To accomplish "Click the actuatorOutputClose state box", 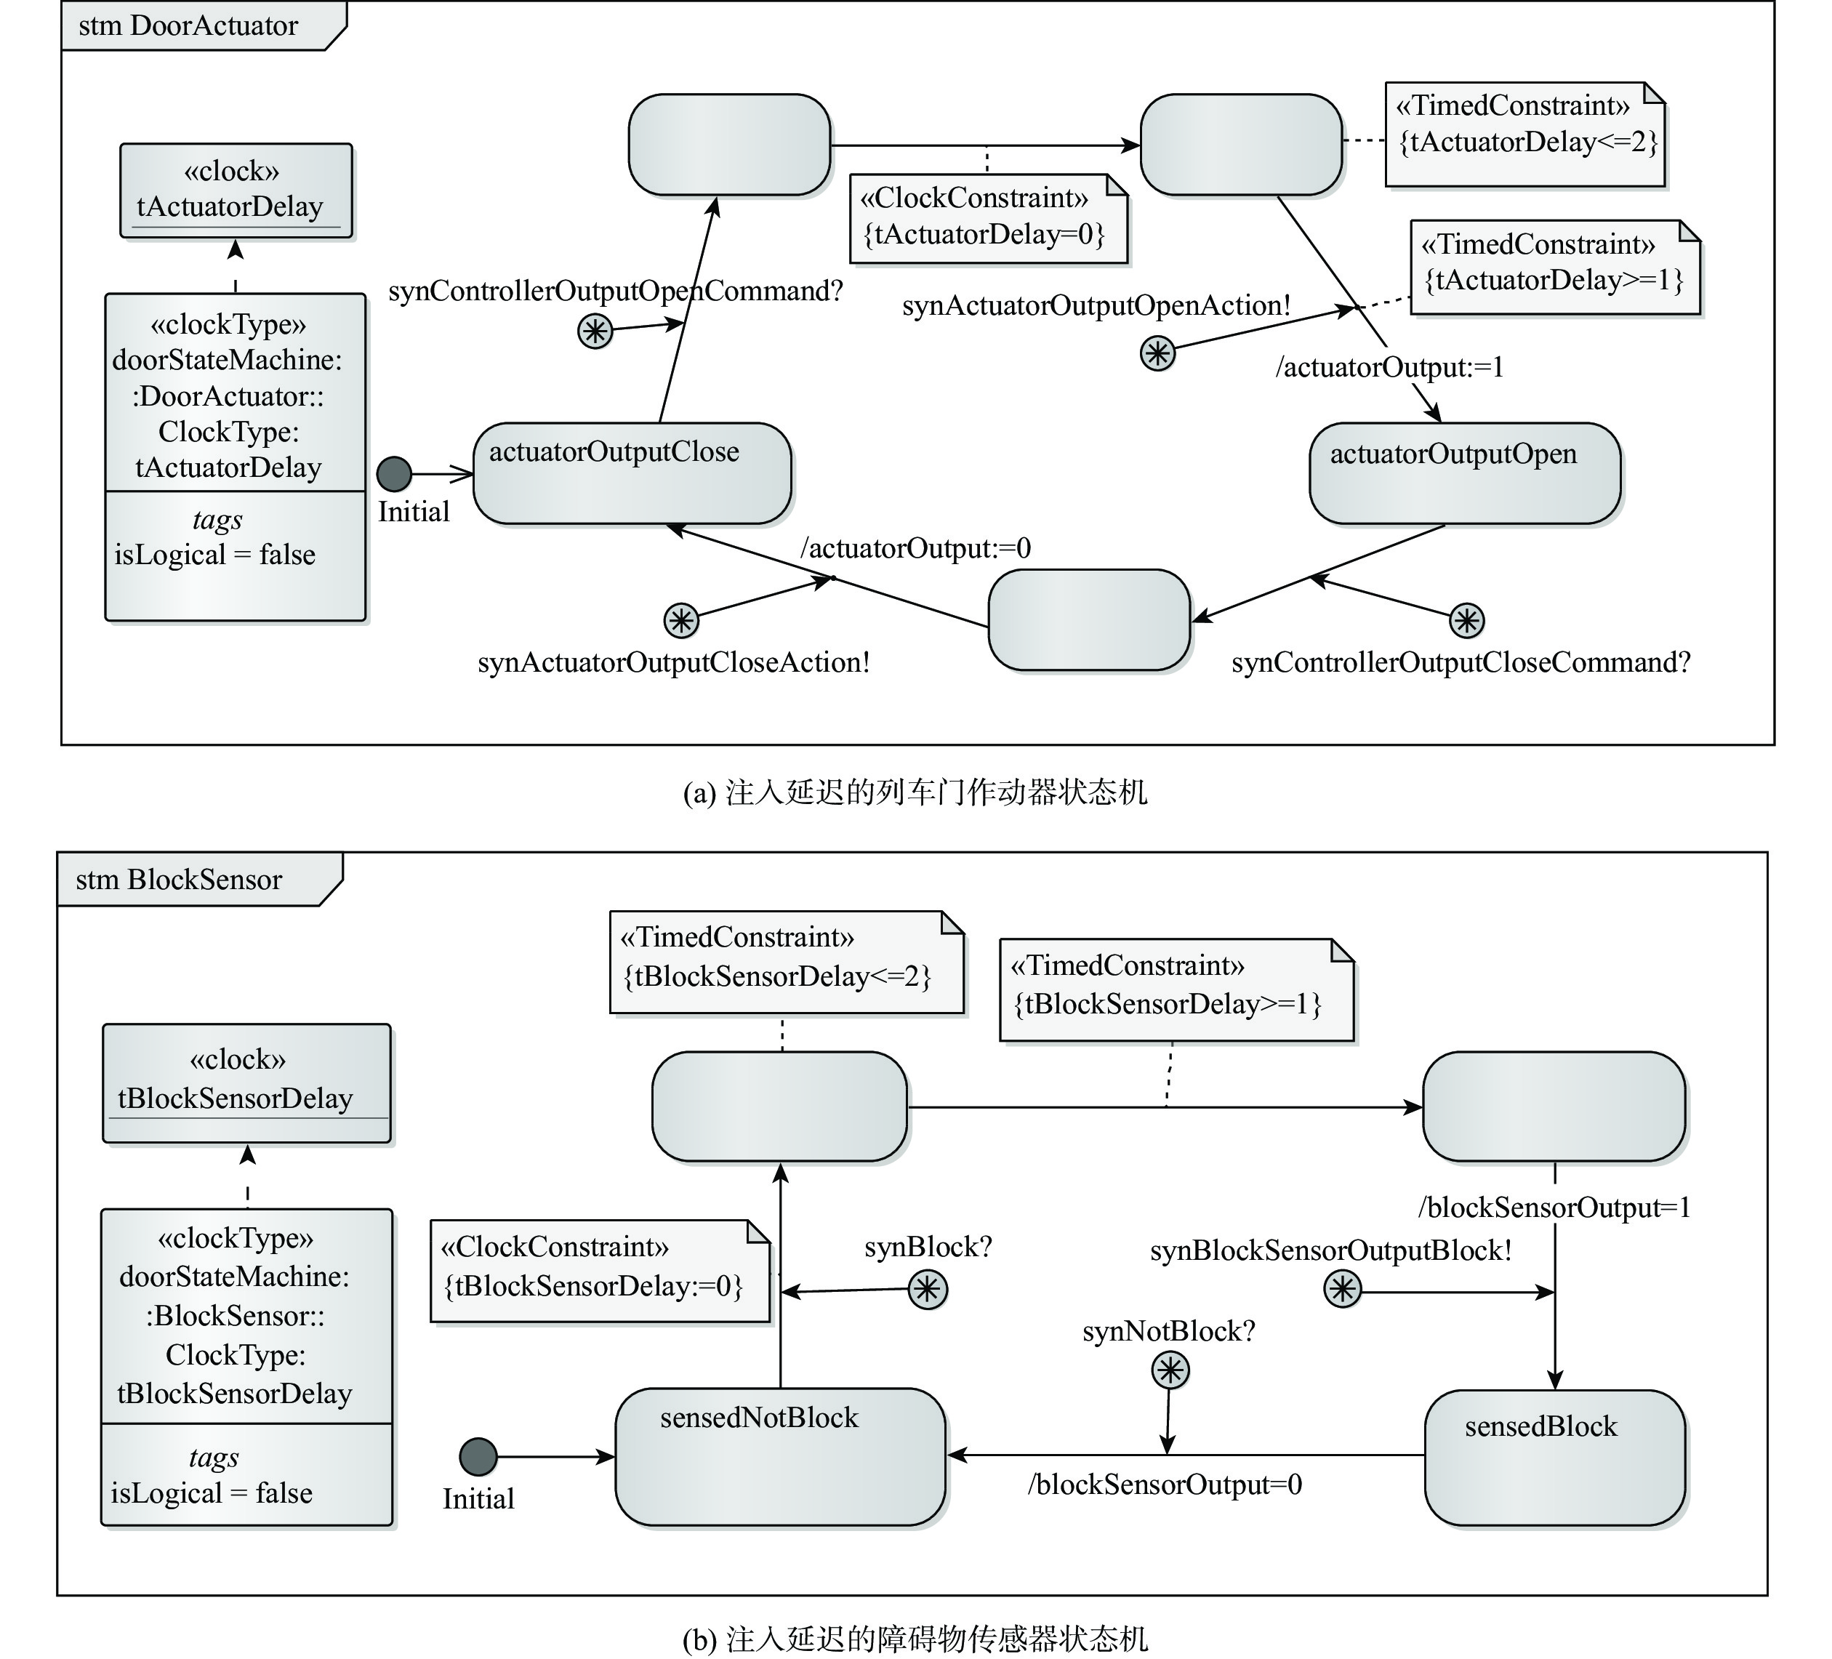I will [x=632, y=473].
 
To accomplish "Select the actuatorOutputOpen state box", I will [x=1465, y=473].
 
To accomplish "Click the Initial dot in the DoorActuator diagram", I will [x=394, y=473].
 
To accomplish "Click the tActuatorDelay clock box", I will [x=236, y=190].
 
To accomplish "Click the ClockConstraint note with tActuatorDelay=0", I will [x=989, y=219].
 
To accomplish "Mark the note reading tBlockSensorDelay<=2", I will [x=786, y=962].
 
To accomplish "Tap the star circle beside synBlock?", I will [x=928, y=1289].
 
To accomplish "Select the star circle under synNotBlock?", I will [x=1170, y=1370].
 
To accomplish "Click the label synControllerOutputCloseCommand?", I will [x=1461, y=662].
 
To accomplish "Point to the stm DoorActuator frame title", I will [x=188, y=25].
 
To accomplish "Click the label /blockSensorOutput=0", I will [x=1165, y=1485].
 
